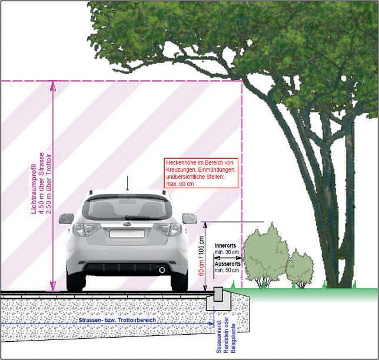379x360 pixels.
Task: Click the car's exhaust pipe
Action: [161, 269]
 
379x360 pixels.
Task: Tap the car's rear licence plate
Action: [126, 233]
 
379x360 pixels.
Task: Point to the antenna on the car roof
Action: [127, 184]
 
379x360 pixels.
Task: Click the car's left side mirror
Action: [66, 218]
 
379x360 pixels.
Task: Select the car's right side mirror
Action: [189, 218]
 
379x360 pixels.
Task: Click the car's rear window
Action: [127, 208]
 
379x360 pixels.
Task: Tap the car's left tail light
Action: [86, 229]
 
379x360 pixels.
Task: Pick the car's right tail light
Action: [168, 229]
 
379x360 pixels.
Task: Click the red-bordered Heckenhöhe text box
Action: [201, 173]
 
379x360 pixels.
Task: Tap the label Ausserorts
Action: [227, 264]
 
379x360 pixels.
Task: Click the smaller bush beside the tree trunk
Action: [300, 268]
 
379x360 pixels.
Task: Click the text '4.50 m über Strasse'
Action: [42, 179]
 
